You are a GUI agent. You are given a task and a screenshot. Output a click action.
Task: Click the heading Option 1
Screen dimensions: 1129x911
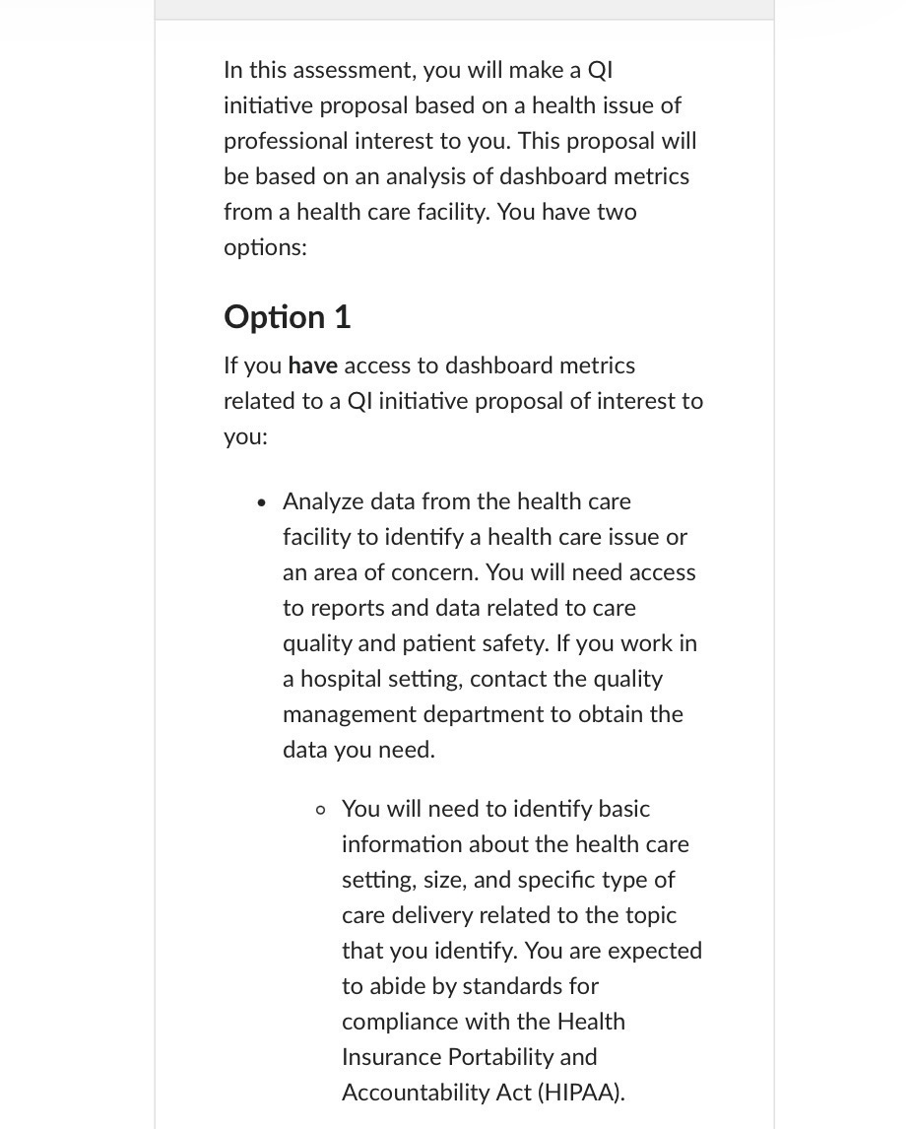(287, 317)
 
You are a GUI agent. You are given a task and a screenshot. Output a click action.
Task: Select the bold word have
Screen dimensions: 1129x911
(312, 365)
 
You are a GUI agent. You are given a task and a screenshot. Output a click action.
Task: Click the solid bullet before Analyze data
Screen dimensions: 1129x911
(260, 502)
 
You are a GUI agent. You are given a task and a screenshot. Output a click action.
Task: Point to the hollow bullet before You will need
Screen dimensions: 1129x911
(320, 810)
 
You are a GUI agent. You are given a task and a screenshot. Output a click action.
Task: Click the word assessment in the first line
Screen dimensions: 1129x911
(344, 70)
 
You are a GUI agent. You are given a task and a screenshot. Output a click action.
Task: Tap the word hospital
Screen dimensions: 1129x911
(342, 679)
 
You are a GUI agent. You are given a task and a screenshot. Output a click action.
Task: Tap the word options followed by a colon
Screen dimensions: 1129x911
(262, 247)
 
